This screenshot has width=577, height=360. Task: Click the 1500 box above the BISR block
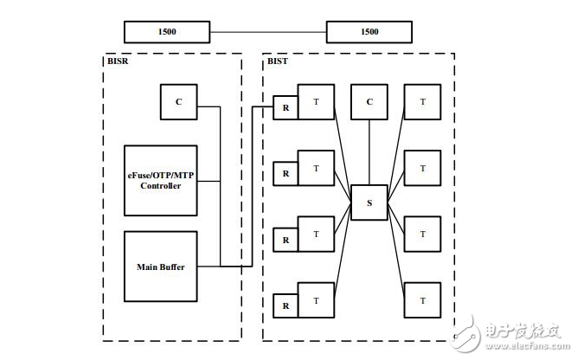coord(167,32)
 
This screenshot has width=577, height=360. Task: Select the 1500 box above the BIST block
coord(369,32)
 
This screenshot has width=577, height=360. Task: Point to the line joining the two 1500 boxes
coord(268,32)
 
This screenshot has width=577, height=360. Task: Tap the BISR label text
coord(118,61)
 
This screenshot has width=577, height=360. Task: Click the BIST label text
coord(278,61)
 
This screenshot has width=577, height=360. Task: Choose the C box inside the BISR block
coord(179,102)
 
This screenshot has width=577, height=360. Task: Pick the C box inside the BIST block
coord(369,102)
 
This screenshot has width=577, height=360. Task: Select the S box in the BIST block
coord(369,202)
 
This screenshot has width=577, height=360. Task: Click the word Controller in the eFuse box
coord(161,186)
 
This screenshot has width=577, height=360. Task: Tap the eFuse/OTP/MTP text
coord(161,176)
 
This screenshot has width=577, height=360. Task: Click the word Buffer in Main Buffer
coord(172,267)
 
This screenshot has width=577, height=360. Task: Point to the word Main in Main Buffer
coord(147,267)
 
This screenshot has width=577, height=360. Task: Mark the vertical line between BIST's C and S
coord(369,152)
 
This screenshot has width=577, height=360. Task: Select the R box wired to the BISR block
coord(285,107)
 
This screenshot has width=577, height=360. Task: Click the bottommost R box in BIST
coord(285,305)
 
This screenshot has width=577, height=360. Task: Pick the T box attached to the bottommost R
coord(316,300)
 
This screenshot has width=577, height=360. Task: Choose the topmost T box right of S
coord(422,102)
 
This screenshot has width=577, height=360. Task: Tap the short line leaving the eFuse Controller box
coord(208,181)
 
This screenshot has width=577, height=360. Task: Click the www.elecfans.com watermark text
coord(528,346)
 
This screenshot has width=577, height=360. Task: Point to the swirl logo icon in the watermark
coord(466,333)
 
